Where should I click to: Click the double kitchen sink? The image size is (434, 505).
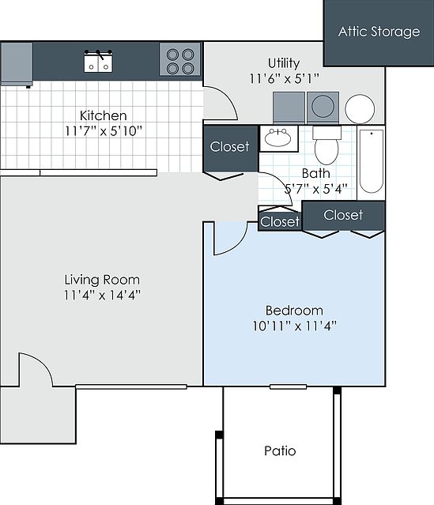coord(100,61)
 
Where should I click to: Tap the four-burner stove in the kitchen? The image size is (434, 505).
coord(180,59)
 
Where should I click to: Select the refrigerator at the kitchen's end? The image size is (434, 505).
coord(16,62)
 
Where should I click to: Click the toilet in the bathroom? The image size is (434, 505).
coord(326,145)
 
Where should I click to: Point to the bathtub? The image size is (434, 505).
coord(371,161)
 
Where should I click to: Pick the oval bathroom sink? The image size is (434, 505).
coord(277,138)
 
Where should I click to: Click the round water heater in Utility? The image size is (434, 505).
coord(360,108)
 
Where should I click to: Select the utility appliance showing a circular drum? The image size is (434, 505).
coord(322,106)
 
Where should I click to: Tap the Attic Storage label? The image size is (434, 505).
coord(379,32)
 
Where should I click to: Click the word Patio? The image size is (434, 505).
coord(280,450)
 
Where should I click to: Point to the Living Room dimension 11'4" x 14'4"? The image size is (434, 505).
coord(102,295)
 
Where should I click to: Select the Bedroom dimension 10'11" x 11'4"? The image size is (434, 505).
coord(294,326)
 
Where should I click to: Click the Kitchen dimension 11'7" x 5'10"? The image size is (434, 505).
coord(103,130)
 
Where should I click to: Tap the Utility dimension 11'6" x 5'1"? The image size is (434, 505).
coord(283,77)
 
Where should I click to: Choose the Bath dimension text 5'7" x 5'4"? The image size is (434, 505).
coord(315,189)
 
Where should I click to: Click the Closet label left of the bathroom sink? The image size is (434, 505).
coord(229,146)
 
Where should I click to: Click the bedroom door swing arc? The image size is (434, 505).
coord(229,239)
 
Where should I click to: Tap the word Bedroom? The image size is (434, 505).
coord(294,310)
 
